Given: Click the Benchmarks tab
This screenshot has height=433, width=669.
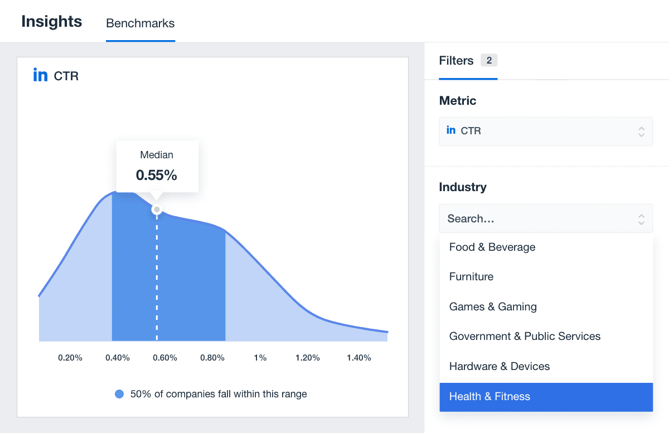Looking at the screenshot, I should tap(140, 23).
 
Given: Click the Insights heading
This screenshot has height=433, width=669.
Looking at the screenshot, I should tap(52, 22).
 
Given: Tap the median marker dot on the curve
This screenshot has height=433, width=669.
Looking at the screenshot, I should tap(157, 210).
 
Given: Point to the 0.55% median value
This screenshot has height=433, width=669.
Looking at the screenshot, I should tap(157, 176).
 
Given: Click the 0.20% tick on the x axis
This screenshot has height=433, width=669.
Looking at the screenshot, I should tap(70, 358).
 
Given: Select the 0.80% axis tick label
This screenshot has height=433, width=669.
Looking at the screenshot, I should tap(212, 358).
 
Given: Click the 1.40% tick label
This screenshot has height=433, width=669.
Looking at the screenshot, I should tap(359, 358).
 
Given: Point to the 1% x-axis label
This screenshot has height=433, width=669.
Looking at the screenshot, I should tap(260, 358).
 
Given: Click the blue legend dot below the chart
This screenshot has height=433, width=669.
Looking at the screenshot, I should tap(119, 394).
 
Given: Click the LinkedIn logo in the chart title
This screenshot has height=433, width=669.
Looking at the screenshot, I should tap(40, 75).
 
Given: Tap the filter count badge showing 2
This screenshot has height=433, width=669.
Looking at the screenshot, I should tap(489, 61).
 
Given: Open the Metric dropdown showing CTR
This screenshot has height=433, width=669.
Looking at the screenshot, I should tap(545, 131).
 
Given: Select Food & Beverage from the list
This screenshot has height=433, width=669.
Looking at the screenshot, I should tap(492, 247).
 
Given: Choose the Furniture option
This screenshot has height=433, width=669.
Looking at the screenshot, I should tap(471, 277).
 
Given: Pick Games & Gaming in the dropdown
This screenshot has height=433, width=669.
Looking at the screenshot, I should tap(493, 306).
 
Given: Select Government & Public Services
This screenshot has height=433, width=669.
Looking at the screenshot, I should tap(525, 337).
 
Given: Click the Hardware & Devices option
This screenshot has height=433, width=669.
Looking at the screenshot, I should tap(500, 366).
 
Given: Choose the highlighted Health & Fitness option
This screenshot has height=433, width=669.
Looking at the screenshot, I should tap(489, 397).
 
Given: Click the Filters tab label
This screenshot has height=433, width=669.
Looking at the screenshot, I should tap(456, 61).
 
